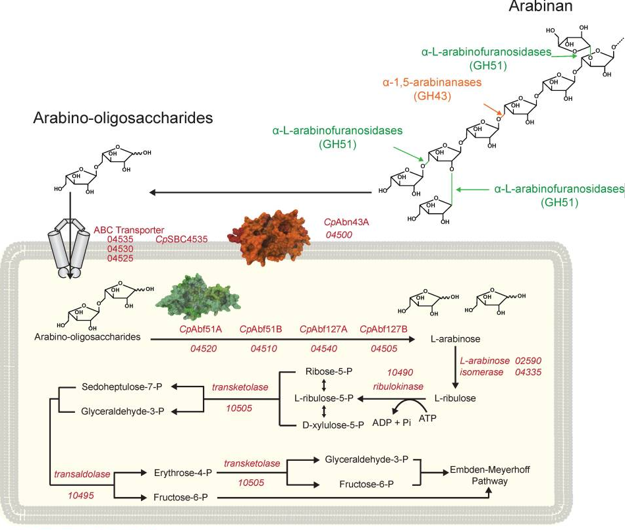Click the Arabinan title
point(539,7)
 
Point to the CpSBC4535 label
point(181,240)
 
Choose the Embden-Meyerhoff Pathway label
point(490,475)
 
